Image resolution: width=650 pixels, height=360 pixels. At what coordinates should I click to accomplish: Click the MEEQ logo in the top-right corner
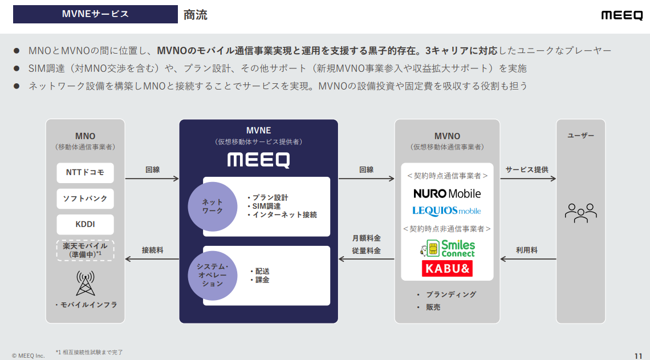621,15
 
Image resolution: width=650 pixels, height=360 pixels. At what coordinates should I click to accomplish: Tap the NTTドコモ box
86,173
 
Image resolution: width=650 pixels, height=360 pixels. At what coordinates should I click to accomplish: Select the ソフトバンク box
86,199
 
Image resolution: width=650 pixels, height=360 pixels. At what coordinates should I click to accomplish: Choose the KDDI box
86,224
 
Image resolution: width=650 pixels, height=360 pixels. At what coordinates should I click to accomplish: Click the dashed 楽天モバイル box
86,250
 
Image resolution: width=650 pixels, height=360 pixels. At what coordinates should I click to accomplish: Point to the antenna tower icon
86,283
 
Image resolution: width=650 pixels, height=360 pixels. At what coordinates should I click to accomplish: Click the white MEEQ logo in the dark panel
258,160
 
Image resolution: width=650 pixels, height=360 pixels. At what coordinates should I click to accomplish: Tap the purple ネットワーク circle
213,207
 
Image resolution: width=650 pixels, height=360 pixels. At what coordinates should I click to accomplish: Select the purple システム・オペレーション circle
213,276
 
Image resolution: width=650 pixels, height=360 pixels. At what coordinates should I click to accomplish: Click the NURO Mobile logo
447,193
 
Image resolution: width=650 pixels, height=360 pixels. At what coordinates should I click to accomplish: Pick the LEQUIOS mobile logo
447,211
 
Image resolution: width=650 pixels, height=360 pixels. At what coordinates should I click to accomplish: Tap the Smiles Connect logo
448,248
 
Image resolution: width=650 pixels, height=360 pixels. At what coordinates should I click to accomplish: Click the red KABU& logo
447,268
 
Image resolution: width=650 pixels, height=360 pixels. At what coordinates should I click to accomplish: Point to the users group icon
580,212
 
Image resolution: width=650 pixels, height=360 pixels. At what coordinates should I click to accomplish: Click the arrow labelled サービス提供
527,179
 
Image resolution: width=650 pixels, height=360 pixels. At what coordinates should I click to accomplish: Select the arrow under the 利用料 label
527,259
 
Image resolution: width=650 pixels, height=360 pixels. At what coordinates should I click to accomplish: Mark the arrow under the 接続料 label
152,259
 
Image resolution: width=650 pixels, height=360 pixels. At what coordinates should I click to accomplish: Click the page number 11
638,354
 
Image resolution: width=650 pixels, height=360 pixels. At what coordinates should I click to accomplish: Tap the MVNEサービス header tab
95,14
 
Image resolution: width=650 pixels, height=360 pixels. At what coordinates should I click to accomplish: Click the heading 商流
196,15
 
